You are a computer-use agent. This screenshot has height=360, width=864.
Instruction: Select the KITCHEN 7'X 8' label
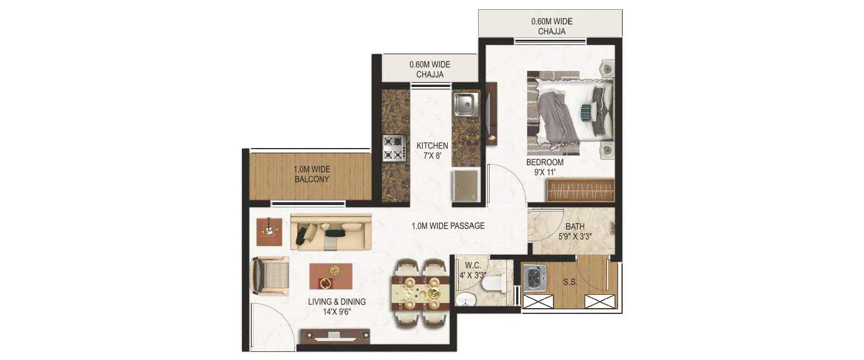pyautogui.click(x=432, y=150)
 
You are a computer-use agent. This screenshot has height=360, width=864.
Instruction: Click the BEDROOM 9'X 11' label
pyautogui.click(x=544, y=167)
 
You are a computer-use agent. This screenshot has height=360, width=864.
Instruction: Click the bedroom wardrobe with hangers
pyautogui.click(x=581, y=190)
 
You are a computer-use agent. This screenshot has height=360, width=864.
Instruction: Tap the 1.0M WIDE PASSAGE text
pyautogui.click(x=448, y=226)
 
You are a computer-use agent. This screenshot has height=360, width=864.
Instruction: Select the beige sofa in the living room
pyautogui.click(x=331, y=232)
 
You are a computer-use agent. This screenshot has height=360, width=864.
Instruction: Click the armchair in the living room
pyautogui.click(x=270, y=276)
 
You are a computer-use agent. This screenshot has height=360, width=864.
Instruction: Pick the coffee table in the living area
pyautogui.click(x=331, y=276)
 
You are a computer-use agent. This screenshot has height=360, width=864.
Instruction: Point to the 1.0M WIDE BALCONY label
pyautogui.click(x=311, y=174)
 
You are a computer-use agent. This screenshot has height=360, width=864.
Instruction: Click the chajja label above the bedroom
pyautogui.click(x=551, y=26)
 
